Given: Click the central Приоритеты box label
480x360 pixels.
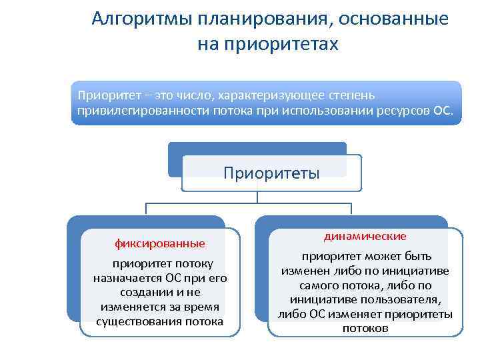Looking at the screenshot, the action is pos(271,173).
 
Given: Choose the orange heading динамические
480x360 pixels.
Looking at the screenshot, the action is pos(365,237).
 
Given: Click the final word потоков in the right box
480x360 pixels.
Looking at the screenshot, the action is pos(365,329).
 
